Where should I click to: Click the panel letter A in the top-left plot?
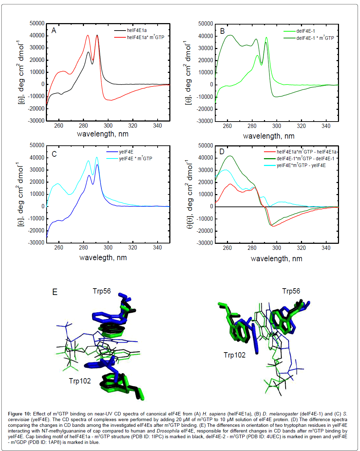54,31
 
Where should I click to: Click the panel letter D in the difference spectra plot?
222,152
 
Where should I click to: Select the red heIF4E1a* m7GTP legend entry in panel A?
145,37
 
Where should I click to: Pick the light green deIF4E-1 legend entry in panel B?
306,31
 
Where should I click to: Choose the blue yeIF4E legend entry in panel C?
126,152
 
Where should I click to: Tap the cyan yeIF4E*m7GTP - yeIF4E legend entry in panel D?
301,165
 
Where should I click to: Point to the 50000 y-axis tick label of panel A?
37,23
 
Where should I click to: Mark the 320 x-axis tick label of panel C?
133,247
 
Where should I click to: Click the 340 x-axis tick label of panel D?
326,248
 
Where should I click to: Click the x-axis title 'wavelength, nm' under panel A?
102,134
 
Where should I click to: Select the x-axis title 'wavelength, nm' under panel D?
276,259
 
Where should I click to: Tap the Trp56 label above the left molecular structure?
102,291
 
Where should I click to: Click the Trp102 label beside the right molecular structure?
234,355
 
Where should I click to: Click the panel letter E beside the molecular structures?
55,292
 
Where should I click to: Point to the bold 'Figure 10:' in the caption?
20,414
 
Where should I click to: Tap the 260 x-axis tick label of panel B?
227,126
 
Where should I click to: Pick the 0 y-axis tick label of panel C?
43,206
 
